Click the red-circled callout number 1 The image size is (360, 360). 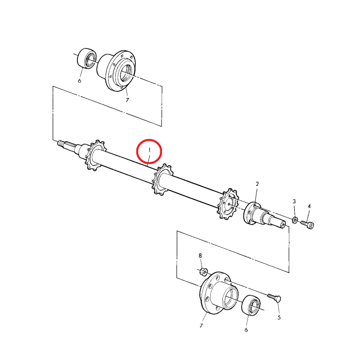click(x=149, y=150)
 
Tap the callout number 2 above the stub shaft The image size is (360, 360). click(x=257, y=184)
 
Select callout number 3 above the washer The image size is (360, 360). click(x=294, y=201)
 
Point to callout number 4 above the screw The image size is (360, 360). click(x=309, y=206)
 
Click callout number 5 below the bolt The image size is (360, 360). click(x=279, y=318)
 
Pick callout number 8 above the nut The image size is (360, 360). click(x=200, y=256)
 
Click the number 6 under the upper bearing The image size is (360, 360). click(x=80, y=81)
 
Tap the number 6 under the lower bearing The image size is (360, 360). click(x=246, y=330)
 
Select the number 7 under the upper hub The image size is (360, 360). click(x=127, y=100)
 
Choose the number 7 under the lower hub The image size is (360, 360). click(x=201, y=325)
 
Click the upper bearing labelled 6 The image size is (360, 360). click(x=86, y=58)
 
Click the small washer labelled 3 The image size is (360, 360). click(x=295, y=220)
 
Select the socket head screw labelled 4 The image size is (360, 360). click(x=308, y=224)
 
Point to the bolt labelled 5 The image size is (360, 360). click(x=274, y=298)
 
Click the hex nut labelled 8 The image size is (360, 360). click(x=204, y=272)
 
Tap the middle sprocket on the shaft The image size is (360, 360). click(x=162, y=180)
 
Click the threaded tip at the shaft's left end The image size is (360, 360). click(x=60, y=144)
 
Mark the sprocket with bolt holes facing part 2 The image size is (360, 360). click(x=228, y=204)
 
